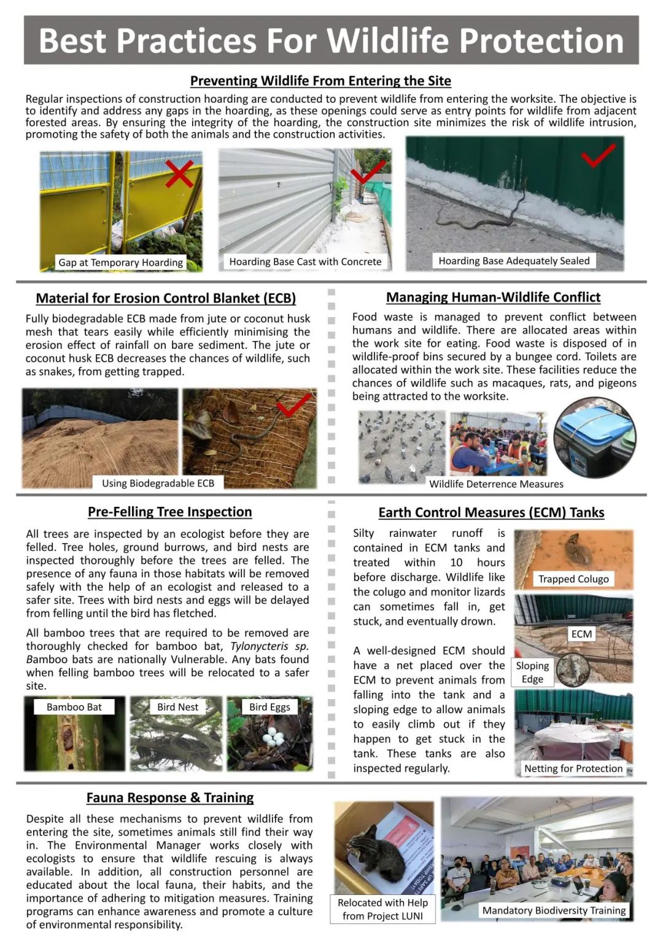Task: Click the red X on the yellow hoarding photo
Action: [179, 173]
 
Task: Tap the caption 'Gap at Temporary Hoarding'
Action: [120, 262]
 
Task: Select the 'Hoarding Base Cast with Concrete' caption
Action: [305, 262]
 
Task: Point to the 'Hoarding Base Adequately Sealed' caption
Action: [514, 261]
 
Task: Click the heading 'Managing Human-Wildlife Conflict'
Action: [493, 297]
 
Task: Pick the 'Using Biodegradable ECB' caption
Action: [158, 483]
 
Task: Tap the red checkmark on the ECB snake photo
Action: [293, 405]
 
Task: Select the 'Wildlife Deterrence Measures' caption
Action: [496, 484]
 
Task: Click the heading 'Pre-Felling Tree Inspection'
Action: [169, 512]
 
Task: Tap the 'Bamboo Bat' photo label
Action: [74, 707]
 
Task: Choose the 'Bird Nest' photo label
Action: [177, 707]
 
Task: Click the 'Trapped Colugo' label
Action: [573, 579]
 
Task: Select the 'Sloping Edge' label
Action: [532, 673]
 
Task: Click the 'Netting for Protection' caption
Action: [573, 768]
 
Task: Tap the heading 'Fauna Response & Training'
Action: [170, 797]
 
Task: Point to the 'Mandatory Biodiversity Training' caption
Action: [554, 910]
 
